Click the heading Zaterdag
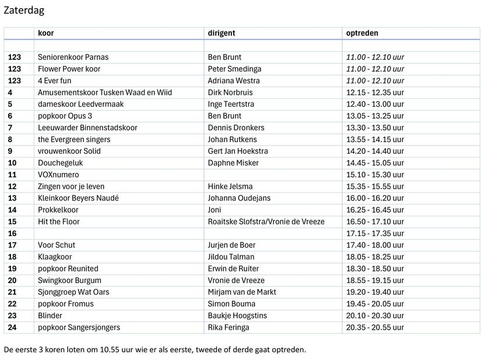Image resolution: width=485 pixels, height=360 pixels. pyautogui.click(x=24, y=10)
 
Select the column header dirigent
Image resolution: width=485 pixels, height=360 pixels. pyautogui.click(x=222, y=33)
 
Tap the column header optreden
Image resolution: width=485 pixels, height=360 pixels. pyautogui.click(x=362, y=33)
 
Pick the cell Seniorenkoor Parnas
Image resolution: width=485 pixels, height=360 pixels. pyautogui.click(x=73, y=57)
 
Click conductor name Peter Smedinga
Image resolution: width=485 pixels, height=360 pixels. pyautogui.click(x=235, y=69)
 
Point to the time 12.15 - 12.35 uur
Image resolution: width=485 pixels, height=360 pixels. pyautogui.click(x=375, y=92)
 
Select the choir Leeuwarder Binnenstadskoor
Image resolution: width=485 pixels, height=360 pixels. pyautogui.click(x=86, y=128)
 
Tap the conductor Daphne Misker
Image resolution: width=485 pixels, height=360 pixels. pyautogui.click(x=233, y=163)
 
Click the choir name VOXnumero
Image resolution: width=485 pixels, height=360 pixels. pyautogui.click(x=58, y=175)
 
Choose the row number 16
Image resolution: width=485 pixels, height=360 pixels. pyautogui.click(x=13, y=233)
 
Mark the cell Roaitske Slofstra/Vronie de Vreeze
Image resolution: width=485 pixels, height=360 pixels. pyautogui.click(x=266, y=221)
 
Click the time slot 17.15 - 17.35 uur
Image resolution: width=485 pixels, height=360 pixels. pyautogui.click(x=375, y=233)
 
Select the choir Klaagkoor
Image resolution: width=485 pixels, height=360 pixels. pyautogui.click(x=57, y=257)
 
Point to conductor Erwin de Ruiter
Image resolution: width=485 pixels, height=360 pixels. pyautogui.click(x=234, y=269)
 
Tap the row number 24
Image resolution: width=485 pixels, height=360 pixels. pyautogui.click(x=13, y=327)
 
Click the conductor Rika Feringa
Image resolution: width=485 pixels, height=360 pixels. pyautogui.click(x=229, y=327)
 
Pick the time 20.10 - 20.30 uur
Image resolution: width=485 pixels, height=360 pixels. pyautogui.click(x=375, y=315)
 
